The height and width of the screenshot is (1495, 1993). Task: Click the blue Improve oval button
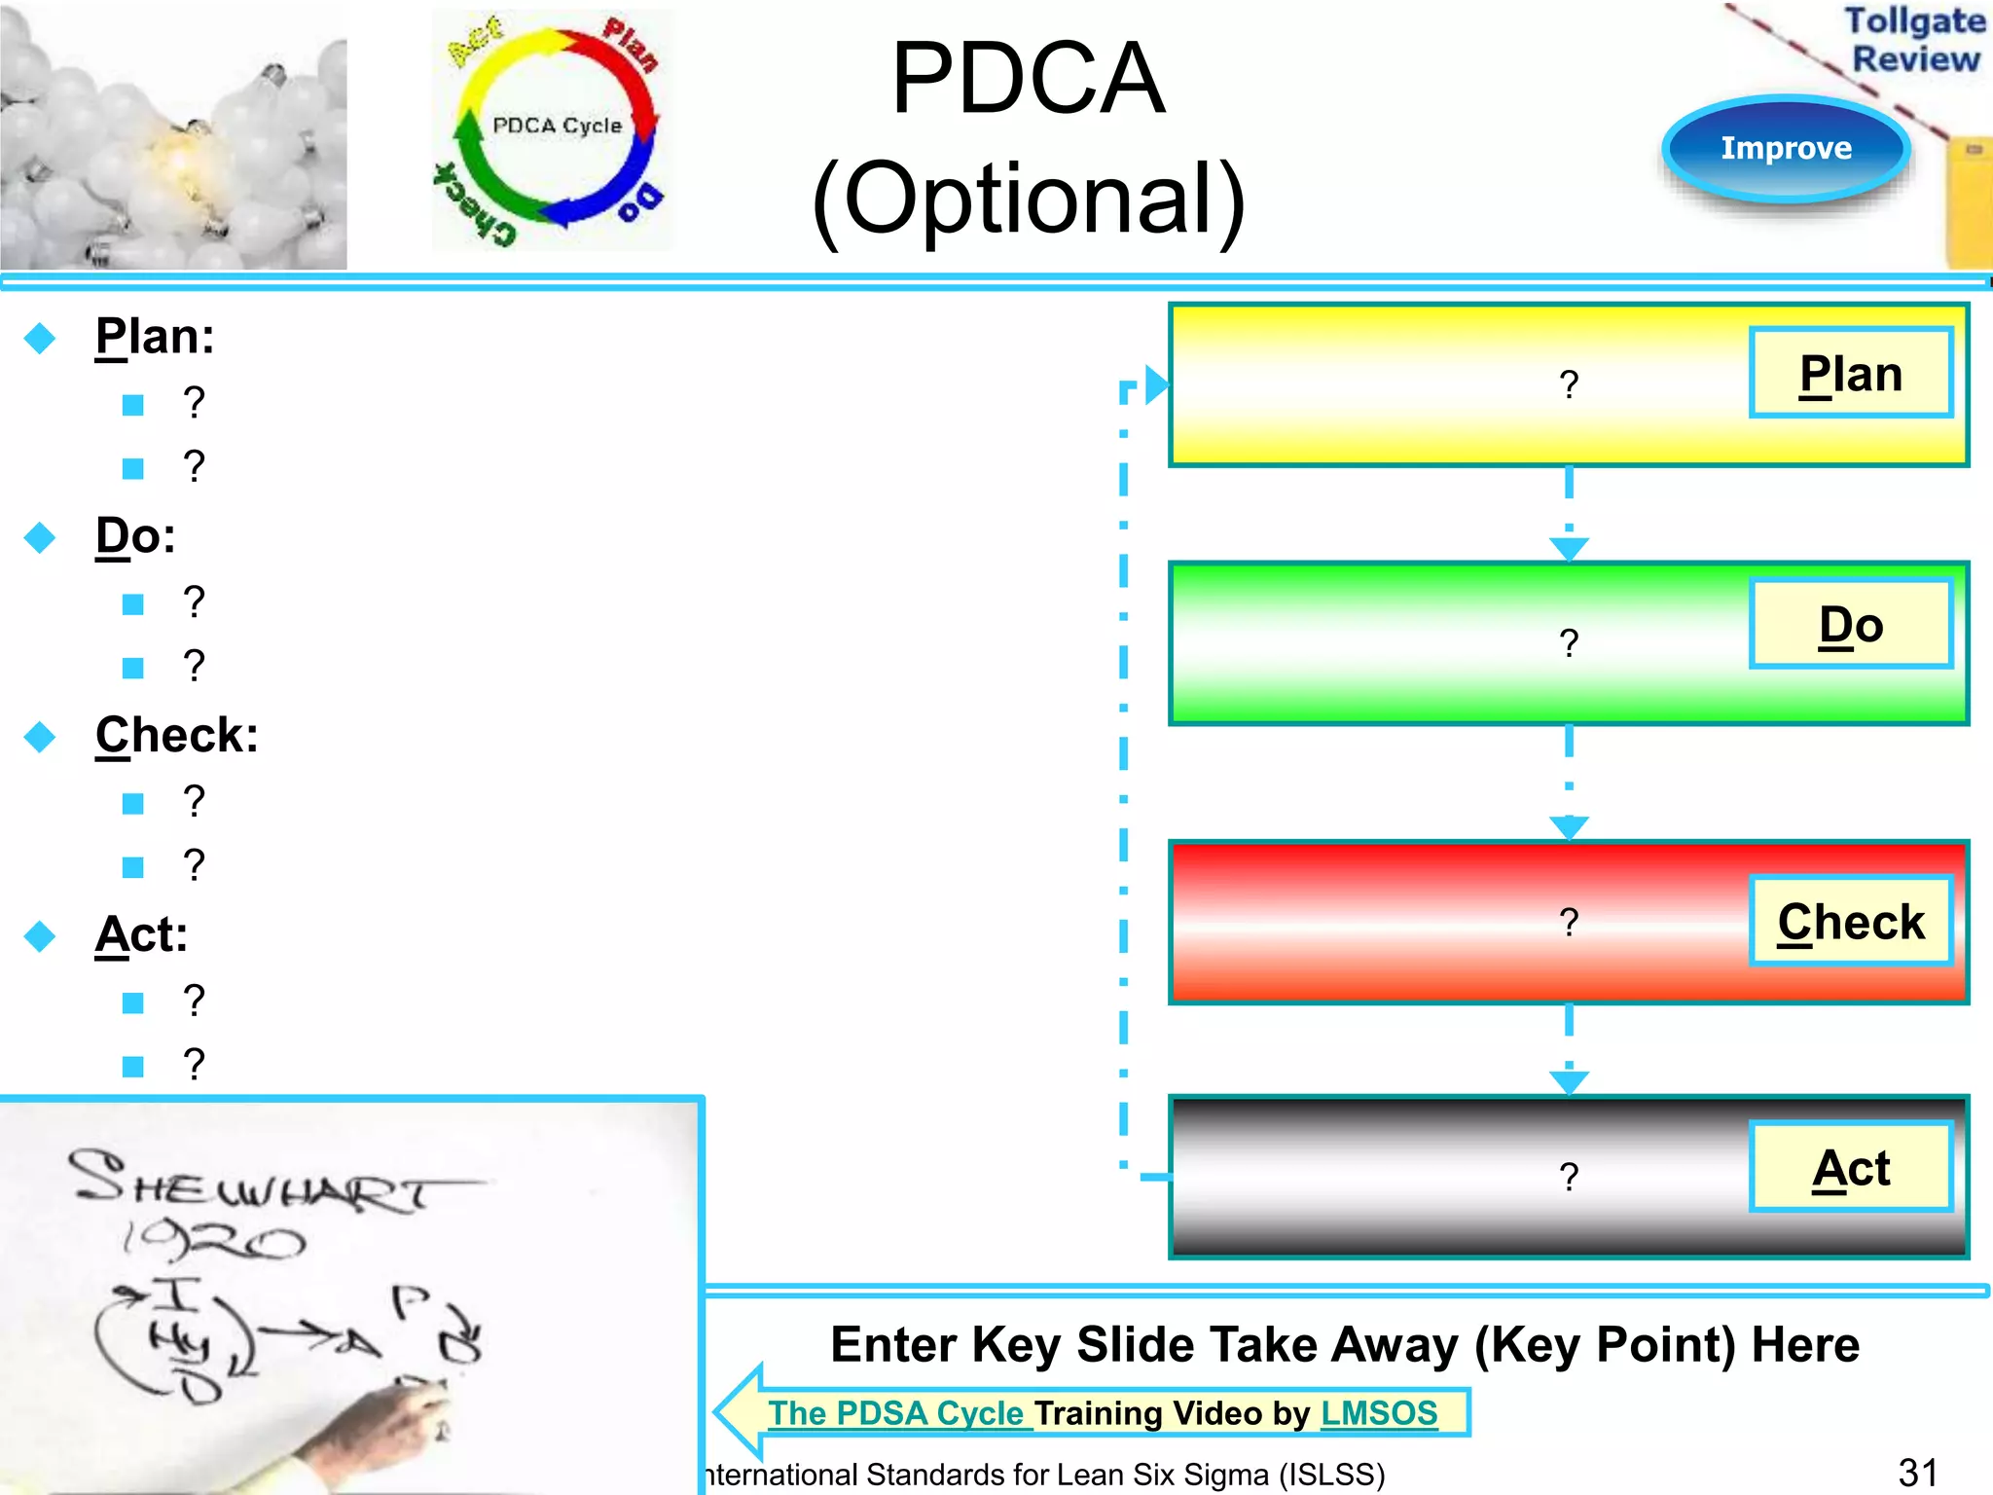(1786, 148)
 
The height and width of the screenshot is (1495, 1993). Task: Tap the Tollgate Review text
(1914, 40)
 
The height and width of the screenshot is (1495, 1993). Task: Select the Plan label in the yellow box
(1851, 374)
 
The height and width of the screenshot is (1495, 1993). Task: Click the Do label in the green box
(1851, 625)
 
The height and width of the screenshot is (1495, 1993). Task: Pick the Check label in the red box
(1851, 922)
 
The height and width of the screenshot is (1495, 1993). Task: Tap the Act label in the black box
(1851, 1168)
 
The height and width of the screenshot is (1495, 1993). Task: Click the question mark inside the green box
(1569, 643)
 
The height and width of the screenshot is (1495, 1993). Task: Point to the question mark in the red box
(1569, 922)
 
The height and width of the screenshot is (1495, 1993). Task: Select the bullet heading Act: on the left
(141, 934)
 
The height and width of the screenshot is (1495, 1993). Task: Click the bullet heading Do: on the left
(135, 535)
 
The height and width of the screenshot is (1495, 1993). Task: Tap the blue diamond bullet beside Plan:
(40, 339)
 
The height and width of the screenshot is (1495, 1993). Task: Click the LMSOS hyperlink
(1379, 1413)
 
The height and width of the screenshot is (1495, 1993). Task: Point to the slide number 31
(1918, 1473)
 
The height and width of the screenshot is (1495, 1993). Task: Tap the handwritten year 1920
(214, 1241)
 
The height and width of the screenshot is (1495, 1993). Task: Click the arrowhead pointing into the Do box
(1569, 550)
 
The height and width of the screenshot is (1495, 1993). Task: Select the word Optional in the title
(1029, 199)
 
